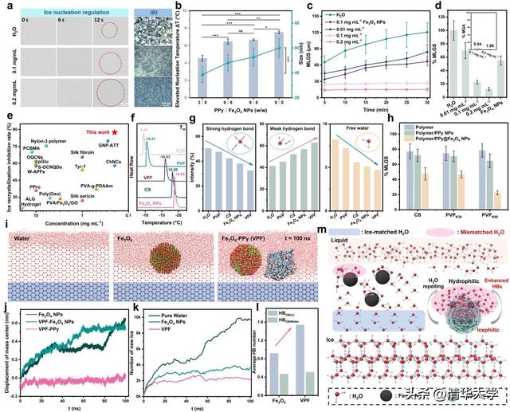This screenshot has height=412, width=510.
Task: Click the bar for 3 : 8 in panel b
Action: pyautogui.click(x=202, y=78)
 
